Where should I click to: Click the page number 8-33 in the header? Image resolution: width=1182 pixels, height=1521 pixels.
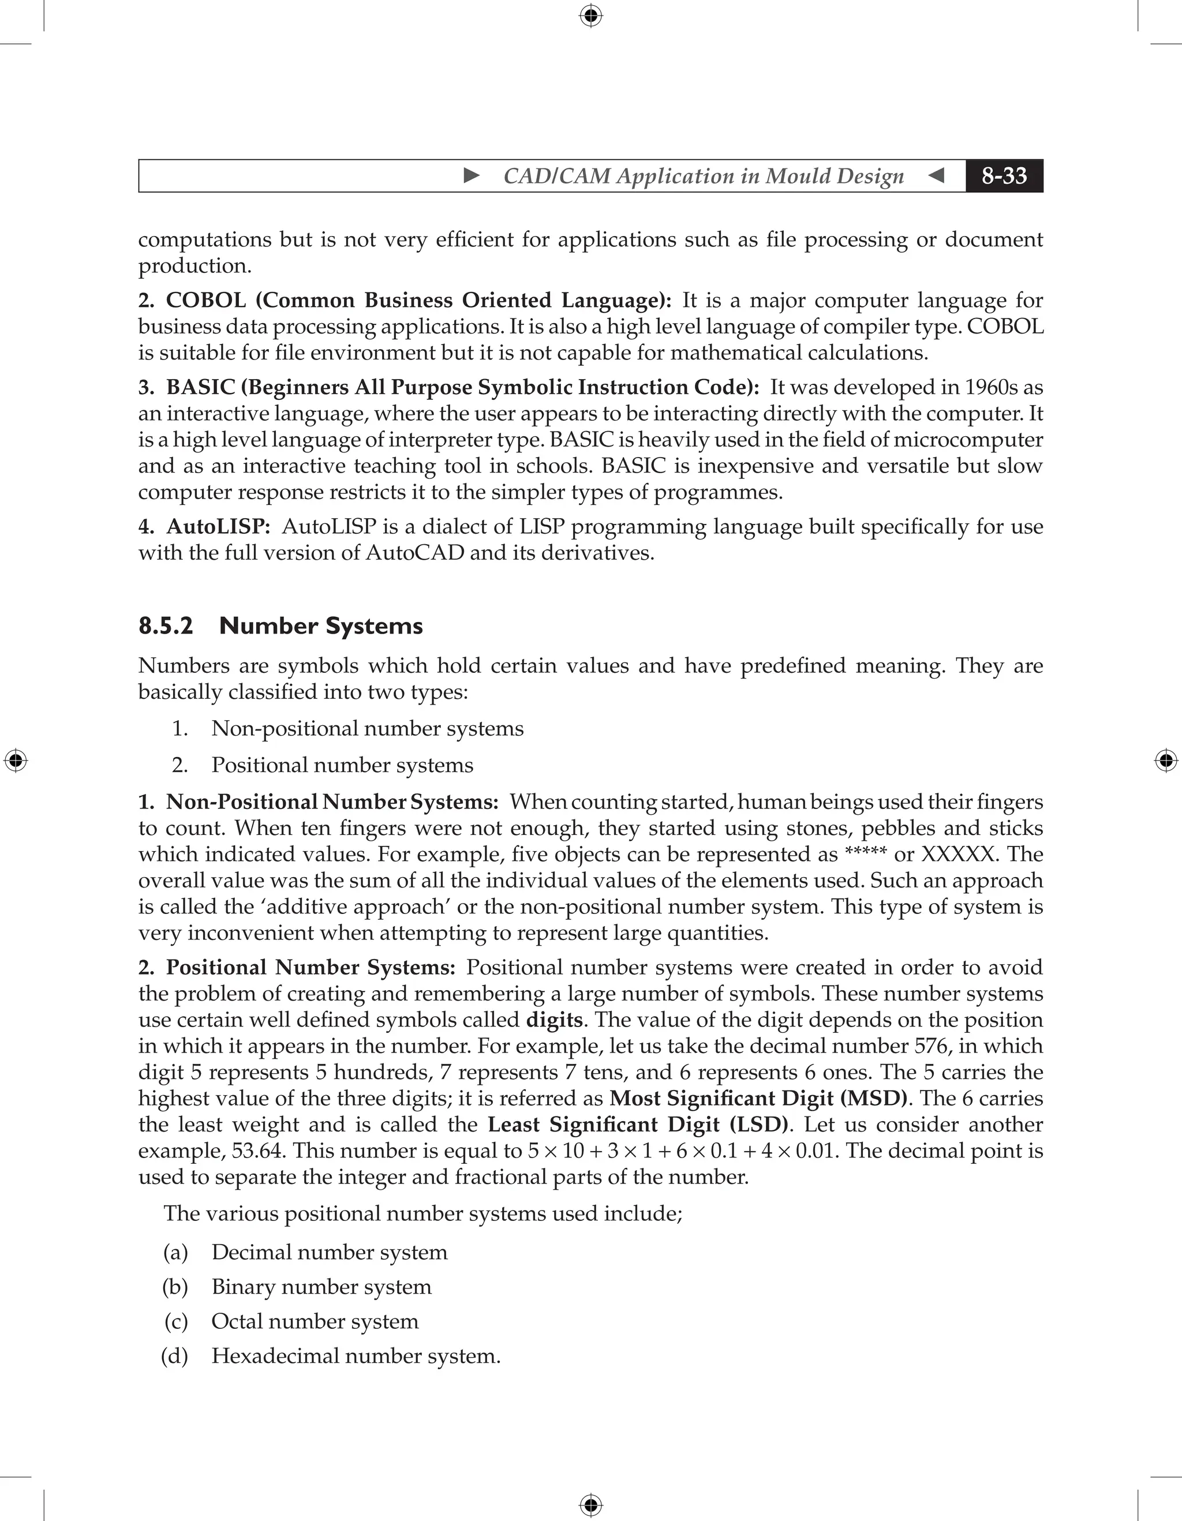click(x=1004, y=175)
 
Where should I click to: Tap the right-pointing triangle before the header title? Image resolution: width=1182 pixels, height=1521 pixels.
click(x=472, y=175)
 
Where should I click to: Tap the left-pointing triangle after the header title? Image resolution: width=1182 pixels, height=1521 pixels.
click(x=936, y=175)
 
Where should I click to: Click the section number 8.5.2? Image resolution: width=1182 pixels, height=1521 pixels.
click(x=166, y=625)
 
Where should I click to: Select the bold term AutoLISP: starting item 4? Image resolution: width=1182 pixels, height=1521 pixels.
click(x=218, y=526)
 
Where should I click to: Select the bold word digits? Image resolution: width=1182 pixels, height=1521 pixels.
click(x=553, y=1020)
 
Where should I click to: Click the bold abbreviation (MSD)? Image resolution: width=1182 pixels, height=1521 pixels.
click(x=873, y=1098)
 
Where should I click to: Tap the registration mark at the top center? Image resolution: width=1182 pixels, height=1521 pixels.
click(x=590, y=16)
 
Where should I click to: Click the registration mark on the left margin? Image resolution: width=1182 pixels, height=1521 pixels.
click(x=16, y=760)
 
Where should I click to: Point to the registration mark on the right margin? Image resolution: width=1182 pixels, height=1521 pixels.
click(x=1166, y=760)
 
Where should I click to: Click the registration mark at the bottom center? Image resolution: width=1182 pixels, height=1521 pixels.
click(x=590, y=1505)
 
